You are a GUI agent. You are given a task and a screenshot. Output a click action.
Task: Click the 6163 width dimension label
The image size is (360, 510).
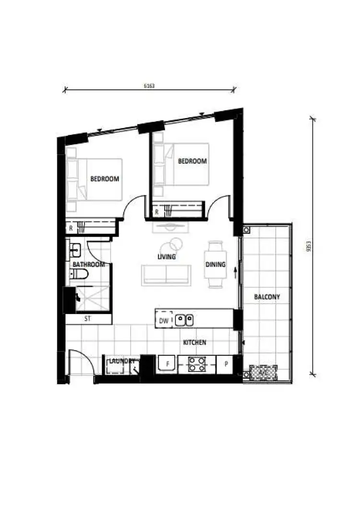pyautogui.click(x=149, y=86)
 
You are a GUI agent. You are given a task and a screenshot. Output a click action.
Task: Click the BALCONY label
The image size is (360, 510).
pyautogui.click(x=267, y=297)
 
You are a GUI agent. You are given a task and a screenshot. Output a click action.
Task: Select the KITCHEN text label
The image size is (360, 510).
pyautogui.click(x=194, y=342)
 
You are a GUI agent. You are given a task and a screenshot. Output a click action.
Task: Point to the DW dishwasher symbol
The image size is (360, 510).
pyautogui.click(x=164, y=321)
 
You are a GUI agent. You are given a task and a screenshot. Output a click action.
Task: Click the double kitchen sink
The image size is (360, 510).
pyautogui.click(x=184, y=319)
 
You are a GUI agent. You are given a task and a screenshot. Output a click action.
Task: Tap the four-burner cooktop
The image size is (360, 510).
pyautogui.click(x=197, y=364)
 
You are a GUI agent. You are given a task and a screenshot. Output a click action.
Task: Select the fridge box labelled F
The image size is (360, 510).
pyautogui.click(x=167, y=364)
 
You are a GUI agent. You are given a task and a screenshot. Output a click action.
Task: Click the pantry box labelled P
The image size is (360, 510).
pyautogui.click(x=225, y=364)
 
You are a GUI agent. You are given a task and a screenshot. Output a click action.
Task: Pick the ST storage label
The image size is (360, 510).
pyautogui.click(x=88, y=319)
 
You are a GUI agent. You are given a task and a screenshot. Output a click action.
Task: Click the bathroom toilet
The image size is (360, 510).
pyautogui.click(x=79, y=274)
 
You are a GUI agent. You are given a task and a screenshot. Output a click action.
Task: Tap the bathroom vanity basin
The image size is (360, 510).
pyautogui.click(x=76, y=250)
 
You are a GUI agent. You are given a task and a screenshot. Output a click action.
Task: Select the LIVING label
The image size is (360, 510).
pyautogui.click(x=167, y=257)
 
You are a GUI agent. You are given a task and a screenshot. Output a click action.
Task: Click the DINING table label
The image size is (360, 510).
pyautogui.click(x=216, y=264)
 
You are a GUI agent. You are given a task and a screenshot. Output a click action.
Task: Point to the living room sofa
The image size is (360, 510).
pyautogui.click(x=166, y=275)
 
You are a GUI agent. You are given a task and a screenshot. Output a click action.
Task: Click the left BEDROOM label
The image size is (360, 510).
pyautogui.click(x=105, y=179)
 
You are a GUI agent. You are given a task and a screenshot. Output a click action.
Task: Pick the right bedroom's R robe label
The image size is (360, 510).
pyautogui.click(x=157, y=211)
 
